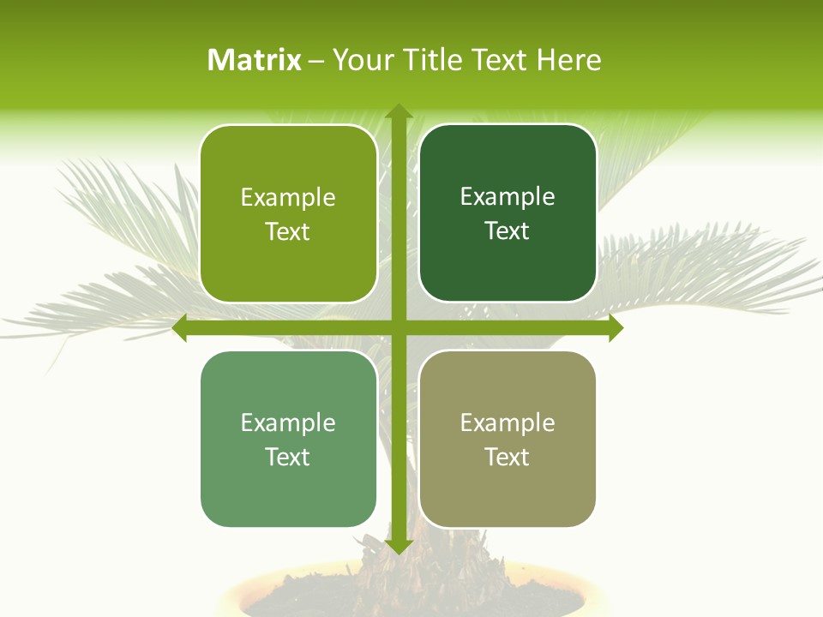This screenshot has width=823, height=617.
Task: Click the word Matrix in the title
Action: coord(255,60)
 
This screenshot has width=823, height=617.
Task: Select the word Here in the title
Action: coord(568,60)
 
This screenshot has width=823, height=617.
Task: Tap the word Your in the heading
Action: coord(362,60)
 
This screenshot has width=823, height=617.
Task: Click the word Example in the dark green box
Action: coord(508,197)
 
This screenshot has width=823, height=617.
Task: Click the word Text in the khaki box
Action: coord(508,457)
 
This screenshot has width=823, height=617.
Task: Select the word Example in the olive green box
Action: coord(288,198)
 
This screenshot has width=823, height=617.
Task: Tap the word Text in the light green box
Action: coord(288,457)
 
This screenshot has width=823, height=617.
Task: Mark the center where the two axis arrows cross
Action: coord(398,328)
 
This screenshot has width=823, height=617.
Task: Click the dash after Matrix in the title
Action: coord(316,61)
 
